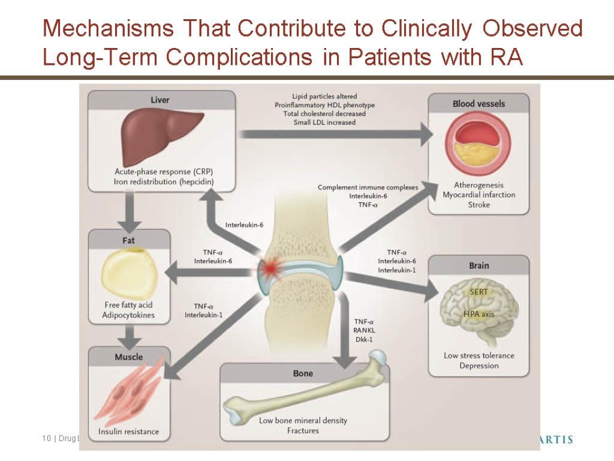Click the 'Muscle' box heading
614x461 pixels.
point(129,357)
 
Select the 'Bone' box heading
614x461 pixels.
point(303,373)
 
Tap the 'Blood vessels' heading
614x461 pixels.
point(478,104)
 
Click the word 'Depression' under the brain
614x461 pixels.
point(478,366)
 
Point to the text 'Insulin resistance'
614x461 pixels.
point(129,431)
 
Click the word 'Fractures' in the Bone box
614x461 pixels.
point(302,430)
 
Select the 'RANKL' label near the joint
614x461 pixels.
point(364,330)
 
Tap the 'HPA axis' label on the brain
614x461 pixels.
point(478,313)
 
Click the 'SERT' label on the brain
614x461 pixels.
point(478,292)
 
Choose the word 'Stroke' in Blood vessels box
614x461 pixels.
point(478,205)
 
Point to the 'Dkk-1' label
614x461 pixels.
point(364,339)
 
